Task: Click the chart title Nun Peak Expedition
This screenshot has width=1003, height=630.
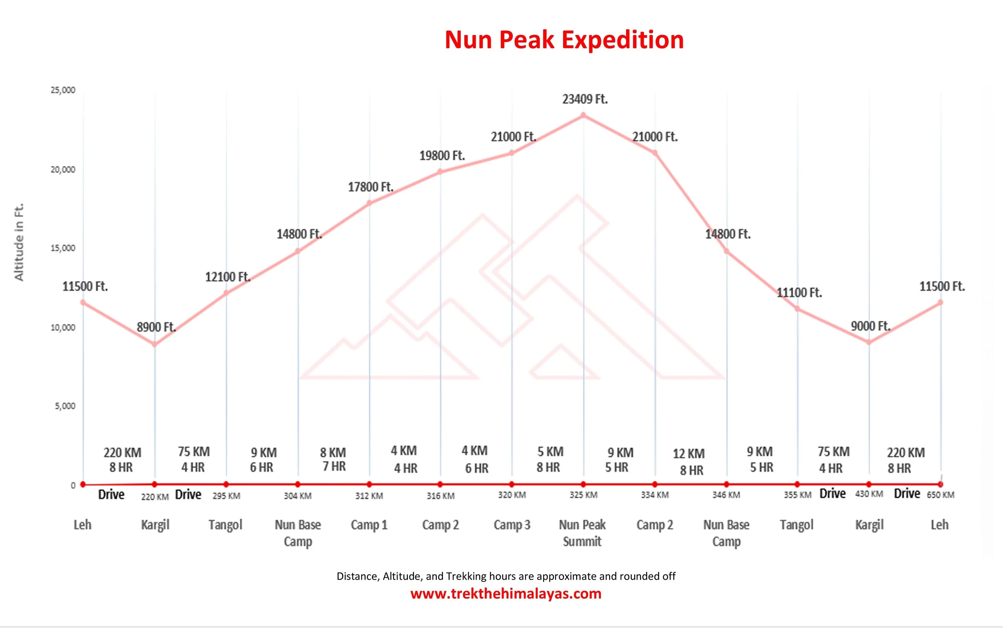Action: click(x=564, y=40)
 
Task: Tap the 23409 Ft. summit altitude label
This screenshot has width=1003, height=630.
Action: click(x=585, y=99)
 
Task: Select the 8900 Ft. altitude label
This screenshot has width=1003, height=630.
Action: click(x=156, y=327)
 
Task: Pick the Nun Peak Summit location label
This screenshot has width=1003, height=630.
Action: click(x=582, y=533)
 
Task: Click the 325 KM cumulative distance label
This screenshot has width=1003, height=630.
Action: click(x=583, y=495)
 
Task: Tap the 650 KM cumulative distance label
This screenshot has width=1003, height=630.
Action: click(x=941, y=495)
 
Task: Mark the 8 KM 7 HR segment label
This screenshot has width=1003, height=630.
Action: click(x=333, y=459)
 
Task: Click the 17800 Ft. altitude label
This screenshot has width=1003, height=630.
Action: click(x=370, y=187)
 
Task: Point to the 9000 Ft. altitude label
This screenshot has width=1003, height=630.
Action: click(x=870, y=326)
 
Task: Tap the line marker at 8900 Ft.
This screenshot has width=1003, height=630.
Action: click(x=154, y=344)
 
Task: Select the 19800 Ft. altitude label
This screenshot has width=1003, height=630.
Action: click(x=441, y=156)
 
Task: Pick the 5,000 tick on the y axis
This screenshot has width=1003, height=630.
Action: click(x=65, y=406)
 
